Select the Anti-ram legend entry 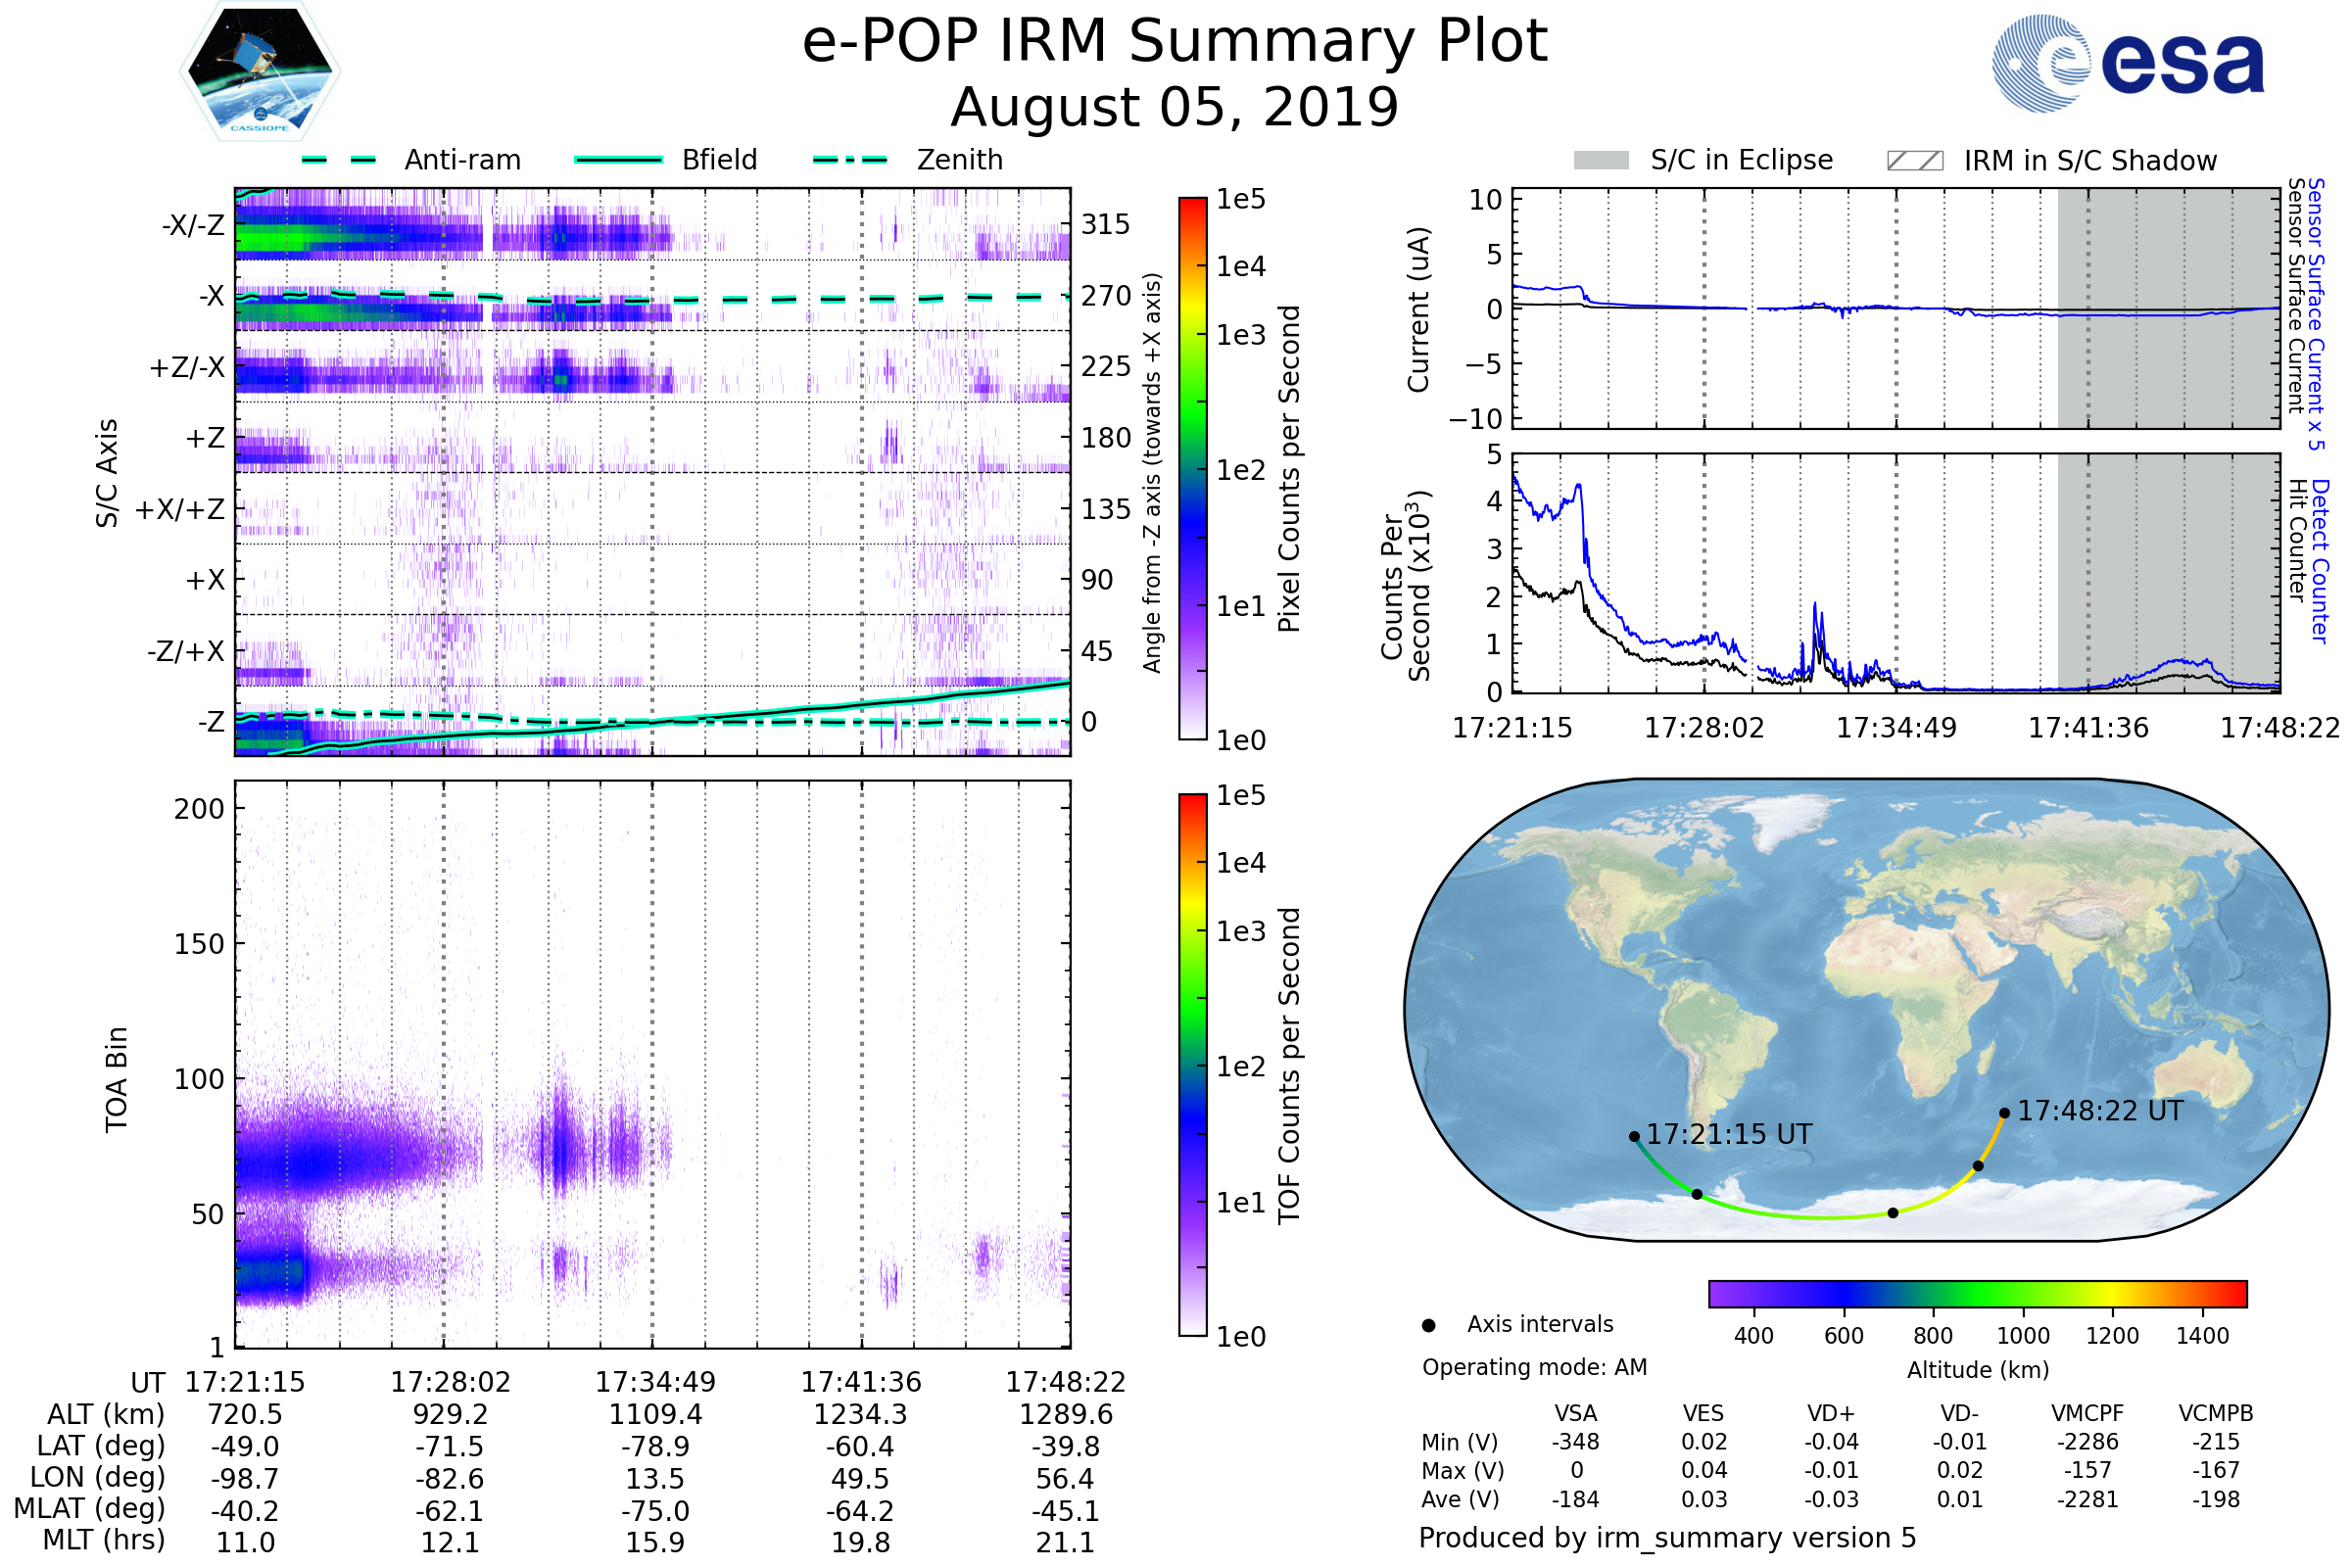pyautogui.click(x=411, y=160)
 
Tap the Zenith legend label pyautogui.click(x=959, y=160)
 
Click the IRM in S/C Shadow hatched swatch pyautogui.click(x=1914, y=161)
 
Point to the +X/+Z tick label pyautogui.click(x=180, y=509)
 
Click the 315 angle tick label pyautogui.click(x=1106, y=224)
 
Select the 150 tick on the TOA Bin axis pyautogui.click(x=199, y=944)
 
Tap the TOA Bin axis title pyautogui.click(x=116, y=1079)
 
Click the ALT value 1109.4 pyautogui.click(x=654, y=1414)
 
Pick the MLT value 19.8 pyautogui.click(x=861, y=1542)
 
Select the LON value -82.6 pyautogui.click(x=450, y=1478)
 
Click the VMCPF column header pyautogui.click(x=2087, y=1413)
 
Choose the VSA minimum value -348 pyautogui.click(x=1575, y=1442)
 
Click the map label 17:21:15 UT pyautogui.click(x=1729, y=1134)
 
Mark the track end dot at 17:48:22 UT pyautogui.click(x=2004, y=1113)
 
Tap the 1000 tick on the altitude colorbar pyautogui.click(x=2023, y=1336)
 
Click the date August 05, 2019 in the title pyautogui.click(x=1175, y=107)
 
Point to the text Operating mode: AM pyautogui.click(x=1534, y=1367)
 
